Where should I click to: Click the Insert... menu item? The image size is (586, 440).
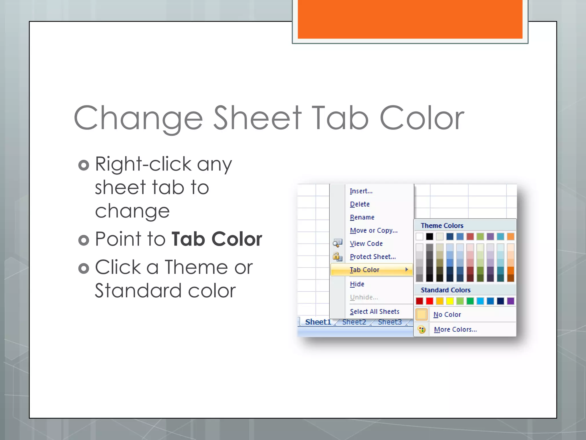coord(361,191)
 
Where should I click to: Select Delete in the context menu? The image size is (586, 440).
coord(360,204)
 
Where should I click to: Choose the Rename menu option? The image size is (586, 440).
coord(362,217)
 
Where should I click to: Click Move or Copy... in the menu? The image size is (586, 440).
coord(374,231)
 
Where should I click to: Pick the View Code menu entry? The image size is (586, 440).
coord(366,244)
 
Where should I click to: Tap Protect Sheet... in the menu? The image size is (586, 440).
coord(373,257)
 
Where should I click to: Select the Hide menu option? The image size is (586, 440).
coord(357,284)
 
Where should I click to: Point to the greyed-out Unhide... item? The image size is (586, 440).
coord(364,297)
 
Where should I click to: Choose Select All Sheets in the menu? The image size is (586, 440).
coord(375,312)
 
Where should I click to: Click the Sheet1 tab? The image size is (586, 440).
coord(318,322)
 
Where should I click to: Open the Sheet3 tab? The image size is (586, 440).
coord(390,322)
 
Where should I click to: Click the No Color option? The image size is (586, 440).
coord(447,315)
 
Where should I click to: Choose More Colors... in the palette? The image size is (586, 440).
coord(455,329)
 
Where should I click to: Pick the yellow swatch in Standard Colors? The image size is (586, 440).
coord(450,301)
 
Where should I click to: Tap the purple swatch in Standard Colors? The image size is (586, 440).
coord(510,301)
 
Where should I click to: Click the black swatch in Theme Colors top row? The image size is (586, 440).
coord(429,237)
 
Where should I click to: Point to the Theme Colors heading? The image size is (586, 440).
coord(442,226)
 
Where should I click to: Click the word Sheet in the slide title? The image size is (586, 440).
coord(258,118)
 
